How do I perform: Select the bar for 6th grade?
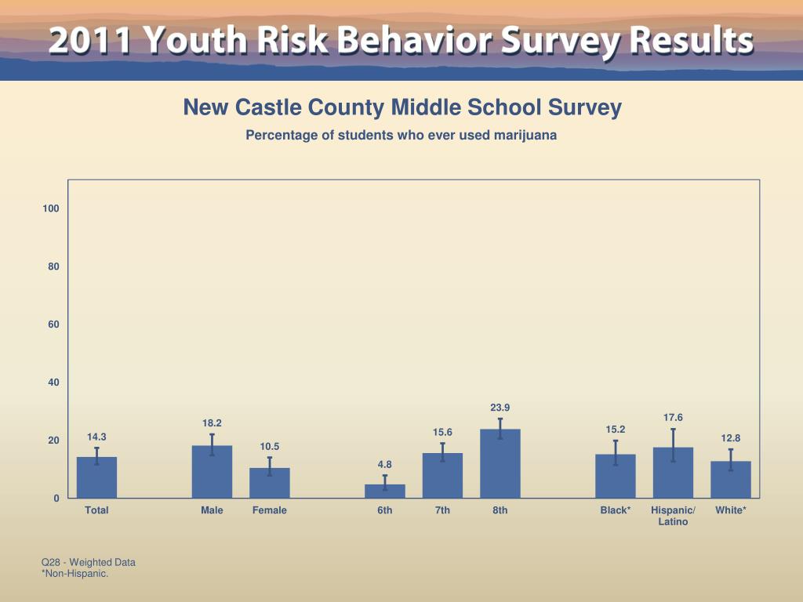[x=385, y=491]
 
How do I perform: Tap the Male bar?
[x=212, y=472]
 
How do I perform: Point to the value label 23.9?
[x=500, y=408]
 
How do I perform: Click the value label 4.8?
[x=385, y=465]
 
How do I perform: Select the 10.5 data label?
[x=270, y=447]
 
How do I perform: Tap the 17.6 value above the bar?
[x=673, y=418]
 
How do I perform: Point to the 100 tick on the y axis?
[x=51, y=209]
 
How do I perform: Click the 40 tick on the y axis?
[x=54, y=383]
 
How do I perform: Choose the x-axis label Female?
[x=270, y=510]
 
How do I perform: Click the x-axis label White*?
[x=731, y=510]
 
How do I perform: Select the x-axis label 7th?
[x=442, y=510]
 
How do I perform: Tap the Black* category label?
[x=616, y=510]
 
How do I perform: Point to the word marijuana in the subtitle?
[x=525, y=135]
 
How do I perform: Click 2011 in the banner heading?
[x=87, y=41]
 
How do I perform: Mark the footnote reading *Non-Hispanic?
[x=74, y=574]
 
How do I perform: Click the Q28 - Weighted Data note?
[x=89, y=562]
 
